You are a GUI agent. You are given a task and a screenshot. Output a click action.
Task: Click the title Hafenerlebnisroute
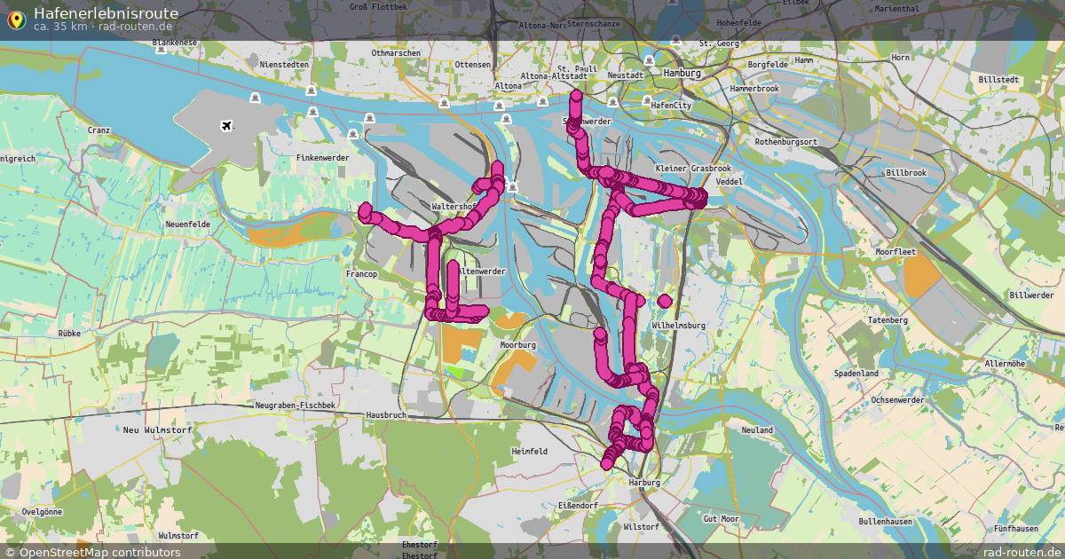pyautogui.click(x=106, y=12)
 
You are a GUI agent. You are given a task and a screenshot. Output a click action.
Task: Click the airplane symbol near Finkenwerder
pyautogui.click(x=228, y=125)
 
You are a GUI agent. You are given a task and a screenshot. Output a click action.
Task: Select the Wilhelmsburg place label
pyautogui.click(x=678, y=326)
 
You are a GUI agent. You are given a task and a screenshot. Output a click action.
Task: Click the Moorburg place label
pyautogui.click(x=518, y=344)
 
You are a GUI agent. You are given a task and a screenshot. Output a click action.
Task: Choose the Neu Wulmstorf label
pyautogui.click(x=150, y=429)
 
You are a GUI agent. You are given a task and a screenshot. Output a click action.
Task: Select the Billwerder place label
pyautogui.click(x=1031, y=295)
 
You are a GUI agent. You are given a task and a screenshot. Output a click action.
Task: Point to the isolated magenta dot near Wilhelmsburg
pyautogui.click(x=665, y=301)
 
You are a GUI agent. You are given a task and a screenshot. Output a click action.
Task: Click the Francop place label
pyautogui.click(x=360, y=275)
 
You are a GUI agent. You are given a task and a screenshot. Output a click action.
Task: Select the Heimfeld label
pyautogui.click(x=530, y=452)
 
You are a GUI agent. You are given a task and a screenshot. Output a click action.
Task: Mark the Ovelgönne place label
pyautogui.click(x=42, y=512)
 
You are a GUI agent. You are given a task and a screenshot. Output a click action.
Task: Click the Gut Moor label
pyautogui.click(x=720, y=518)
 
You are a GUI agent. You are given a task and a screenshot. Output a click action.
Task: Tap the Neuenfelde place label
pyautogui.click(x=187, y=224)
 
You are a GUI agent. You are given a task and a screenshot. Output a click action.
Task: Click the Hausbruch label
pyautogui.click(x=385, y=414)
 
